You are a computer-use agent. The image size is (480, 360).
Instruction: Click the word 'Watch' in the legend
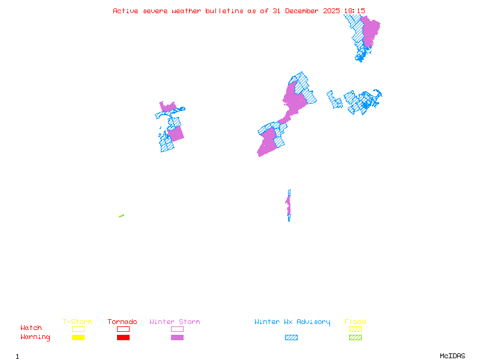pos(31,328)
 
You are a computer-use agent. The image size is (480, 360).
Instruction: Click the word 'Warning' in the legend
pos(35,337)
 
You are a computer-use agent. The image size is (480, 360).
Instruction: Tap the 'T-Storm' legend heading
pos(77,322)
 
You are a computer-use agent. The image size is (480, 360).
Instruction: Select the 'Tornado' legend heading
pos(122,322)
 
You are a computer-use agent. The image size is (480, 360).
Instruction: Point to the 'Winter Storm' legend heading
pos(175,322)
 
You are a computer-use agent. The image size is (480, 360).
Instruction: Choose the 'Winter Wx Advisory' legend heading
pos(292,322)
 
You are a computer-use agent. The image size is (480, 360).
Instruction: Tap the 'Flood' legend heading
pos(355,322)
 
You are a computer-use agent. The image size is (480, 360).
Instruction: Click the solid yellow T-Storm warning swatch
pos(78,337)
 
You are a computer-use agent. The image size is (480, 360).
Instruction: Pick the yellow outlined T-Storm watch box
pos(78,329)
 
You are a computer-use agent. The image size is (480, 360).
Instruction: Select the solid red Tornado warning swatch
pos(123,337)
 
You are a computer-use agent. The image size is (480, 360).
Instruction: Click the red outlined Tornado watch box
pos(123,329)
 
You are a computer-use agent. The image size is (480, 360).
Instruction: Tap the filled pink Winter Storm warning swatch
pos(177,337)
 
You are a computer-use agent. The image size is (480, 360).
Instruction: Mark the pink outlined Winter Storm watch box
pos(177,329)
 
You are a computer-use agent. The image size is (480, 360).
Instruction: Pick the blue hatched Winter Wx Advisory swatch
pos(291,337)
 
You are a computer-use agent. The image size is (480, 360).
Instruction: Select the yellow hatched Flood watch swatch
pos(355,329)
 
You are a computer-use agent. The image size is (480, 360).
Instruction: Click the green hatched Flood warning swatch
pos(355,337)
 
